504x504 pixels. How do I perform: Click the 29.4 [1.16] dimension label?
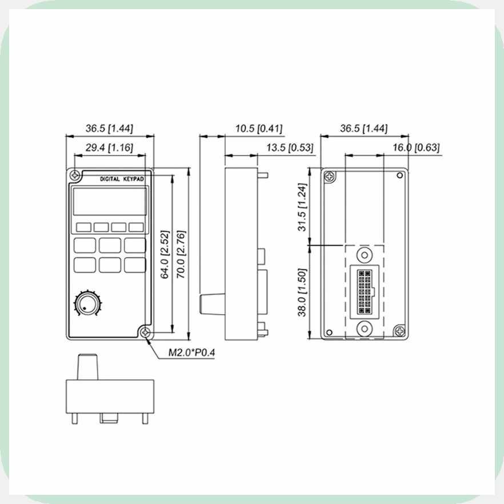coord(109,148)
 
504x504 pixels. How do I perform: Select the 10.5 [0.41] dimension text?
coord(259,129)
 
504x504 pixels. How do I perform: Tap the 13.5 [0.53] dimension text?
coord(290,148)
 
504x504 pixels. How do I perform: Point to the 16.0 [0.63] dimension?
coord(416,148)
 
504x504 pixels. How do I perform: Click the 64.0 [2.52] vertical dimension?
coord(165,254)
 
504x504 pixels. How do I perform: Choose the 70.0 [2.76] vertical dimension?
coord(181,254)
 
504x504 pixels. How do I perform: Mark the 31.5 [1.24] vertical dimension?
coord(302,207)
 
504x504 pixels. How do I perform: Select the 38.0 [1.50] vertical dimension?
coord(302,292)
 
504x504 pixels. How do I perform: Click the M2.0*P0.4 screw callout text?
coord(191,353)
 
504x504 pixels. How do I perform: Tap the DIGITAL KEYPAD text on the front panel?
coord(122,179)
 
